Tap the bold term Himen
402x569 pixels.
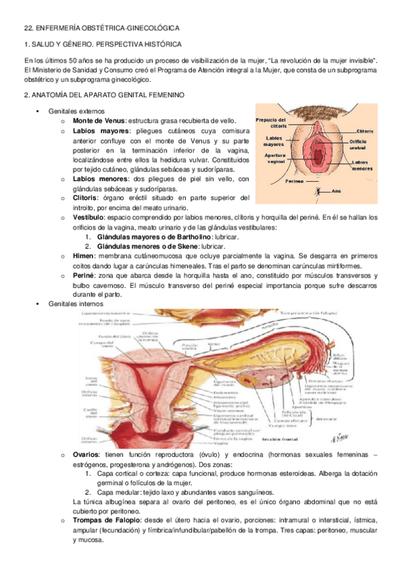[x=83, y=256]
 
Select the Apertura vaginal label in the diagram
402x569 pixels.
[x=274, y=158]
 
